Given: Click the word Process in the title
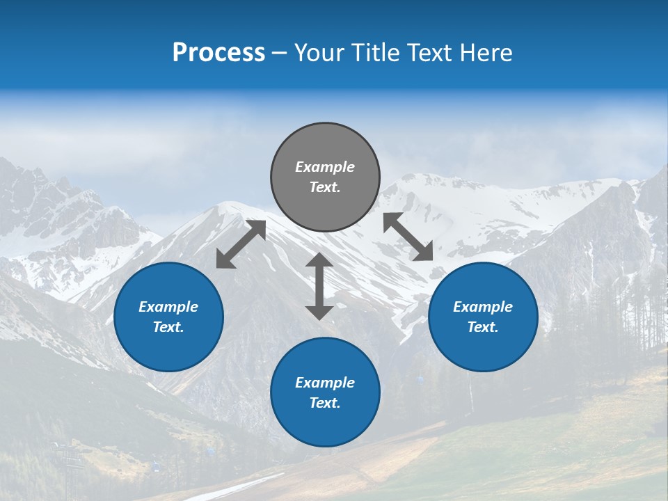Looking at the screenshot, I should coord(218,53).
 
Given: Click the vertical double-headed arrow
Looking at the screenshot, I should coord(319,286).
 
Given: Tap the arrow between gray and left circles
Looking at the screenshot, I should coord(241,244).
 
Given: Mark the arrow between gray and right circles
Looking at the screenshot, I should coord(408,237).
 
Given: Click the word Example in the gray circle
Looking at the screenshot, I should coord(325,167).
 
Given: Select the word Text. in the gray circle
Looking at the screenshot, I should coord(325,187).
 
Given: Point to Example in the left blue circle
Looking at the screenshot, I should coord(168,307).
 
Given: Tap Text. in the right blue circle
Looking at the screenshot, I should coord(483,327).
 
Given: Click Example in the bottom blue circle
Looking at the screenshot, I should coord(325,383).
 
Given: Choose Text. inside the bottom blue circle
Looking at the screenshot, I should coord(325,403).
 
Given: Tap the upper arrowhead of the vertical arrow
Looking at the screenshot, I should coord(319,260).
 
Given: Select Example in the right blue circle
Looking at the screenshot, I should coord(483,307).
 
